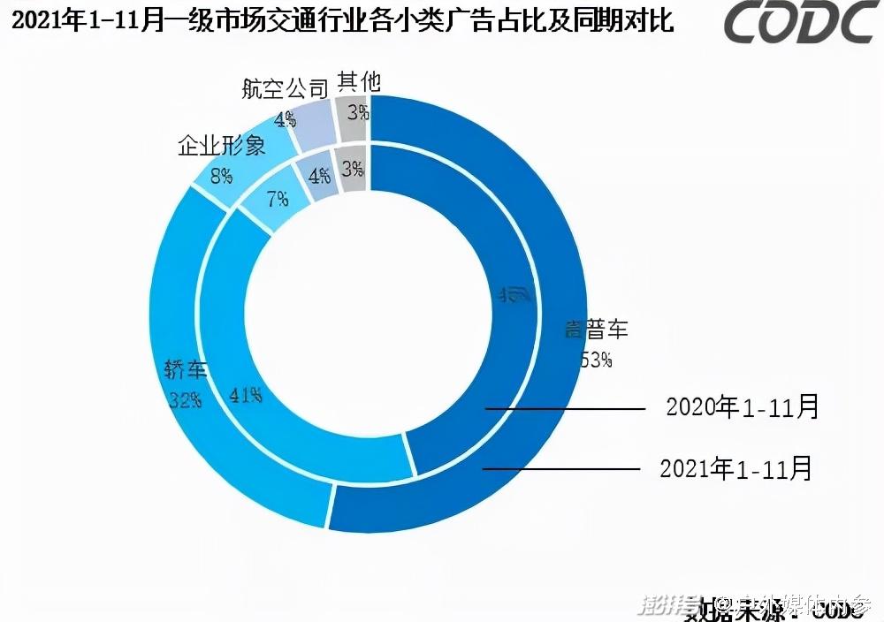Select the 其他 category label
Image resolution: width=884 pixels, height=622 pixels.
pyautogui.click(x=359, y=81)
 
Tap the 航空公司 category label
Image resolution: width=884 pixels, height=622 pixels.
pyautogui.click(x=285, y=87)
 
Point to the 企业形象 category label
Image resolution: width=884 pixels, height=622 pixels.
pyautogui.click(x=222, y=145)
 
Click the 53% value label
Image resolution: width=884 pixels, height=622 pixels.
pyautogui.click(x=595, y=360)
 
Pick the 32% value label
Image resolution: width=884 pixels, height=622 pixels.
pyautogui.click(x=185, y=399)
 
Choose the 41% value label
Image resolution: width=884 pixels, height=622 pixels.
pyautogui.click(x=245, y=394)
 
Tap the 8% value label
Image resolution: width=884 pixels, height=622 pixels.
pyautogui.click(x=221, y=176)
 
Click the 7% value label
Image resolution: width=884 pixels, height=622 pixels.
pyautogui.click(x=277, y=200)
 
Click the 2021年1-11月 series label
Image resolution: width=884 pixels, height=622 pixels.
pyautogui.click(x=735, y=467)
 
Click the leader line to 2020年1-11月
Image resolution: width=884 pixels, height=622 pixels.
pyautogui.click(x=566, y=409)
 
